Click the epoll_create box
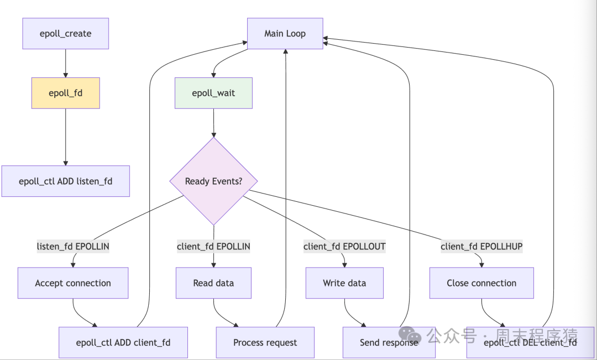pyautogui.click(x=65, y=34)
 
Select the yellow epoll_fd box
pyautogui.click(x=65, y=93)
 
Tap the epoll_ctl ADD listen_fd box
pyautogui.click(x=65, y=181)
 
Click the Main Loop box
pyautogui.click(x=285, y=34)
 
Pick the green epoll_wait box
pyautogui.click(x=213, y=93)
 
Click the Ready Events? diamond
pyautogui.click(x=213, y=181)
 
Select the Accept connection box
pyautogui.click(x=73, y=283)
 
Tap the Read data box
pyautogui.click(x=213, y=283)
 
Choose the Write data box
pyautogui.click(x=344, y=283)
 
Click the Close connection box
pyautogui.click(x=481, y=283)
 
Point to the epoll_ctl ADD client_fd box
pyautogui.click(x=123, y=342)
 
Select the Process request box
pyautogui.click(x=265, y=342)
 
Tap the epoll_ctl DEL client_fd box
pyautogui.click(x=530, y=342)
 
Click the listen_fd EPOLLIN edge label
pyautogui.click(x=73, y=247)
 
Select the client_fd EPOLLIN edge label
pyautogui.click(x=213, y=247)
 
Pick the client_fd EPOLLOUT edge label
pyautogui.click(x=344, y=247)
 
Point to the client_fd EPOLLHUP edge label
pyautogui.click(x=481, y=247)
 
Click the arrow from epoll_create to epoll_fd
pyautogui.click(x=65, y=63)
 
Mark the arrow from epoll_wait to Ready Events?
pyautogui.click(x=213, y=122)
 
